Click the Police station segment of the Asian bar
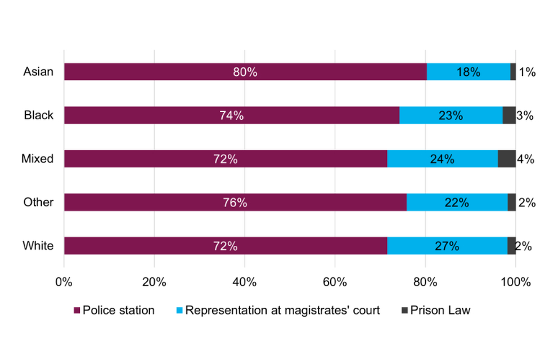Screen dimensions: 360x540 click(169, 72)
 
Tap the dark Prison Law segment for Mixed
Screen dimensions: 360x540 click(506, 159)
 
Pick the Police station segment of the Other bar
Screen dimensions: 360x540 click(169, 202)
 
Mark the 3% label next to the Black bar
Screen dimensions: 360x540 click(525, 116)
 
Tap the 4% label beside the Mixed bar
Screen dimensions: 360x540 click(525, 159)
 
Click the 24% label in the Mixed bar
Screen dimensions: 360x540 click(442, 159)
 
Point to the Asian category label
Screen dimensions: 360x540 click(38, 72)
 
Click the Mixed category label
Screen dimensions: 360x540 click(37, 159)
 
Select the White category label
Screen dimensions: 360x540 click(38, 246)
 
